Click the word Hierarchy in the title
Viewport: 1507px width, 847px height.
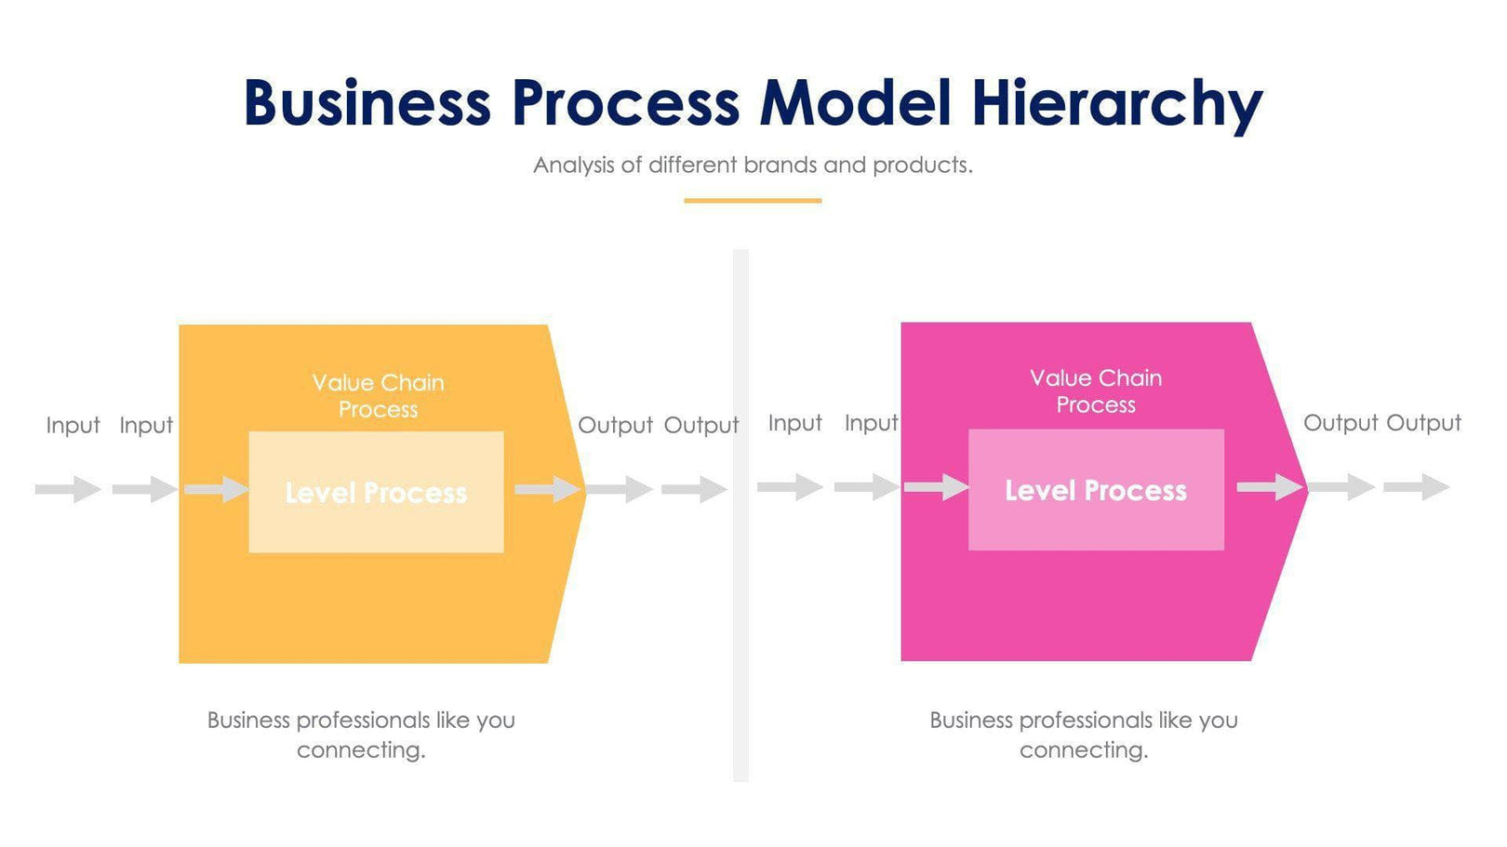(1116, 102)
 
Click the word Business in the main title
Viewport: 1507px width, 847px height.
(367, 102)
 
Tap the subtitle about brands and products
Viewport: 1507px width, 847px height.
(753, 165)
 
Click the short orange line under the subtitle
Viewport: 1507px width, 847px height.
(753, 200)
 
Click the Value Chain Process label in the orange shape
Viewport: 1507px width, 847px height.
(378, 396)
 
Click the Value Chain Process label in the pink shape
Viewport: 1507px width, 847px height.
(1096, 391)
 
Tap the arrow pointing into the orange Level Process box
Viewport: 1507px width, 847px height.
(217, 488)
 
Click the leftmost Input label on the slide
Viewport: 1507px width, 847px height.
(73, 425)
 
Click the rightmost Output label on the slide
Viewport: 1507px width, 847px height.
(1423, 423)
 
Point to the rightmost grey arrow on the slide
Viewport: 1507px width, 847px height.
(1417, 486)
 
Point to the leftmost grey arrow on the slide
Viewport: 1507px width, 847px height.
(68, 489)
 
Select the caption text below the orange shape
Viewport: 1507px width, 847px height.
(361, 735)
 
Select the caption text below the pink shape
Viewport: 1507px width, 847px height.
(1084, 735)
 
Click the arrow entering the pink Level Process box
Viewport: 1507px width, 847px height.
(937, 486)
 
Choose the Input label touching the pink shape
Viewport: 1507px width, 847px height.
(871, 423)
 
